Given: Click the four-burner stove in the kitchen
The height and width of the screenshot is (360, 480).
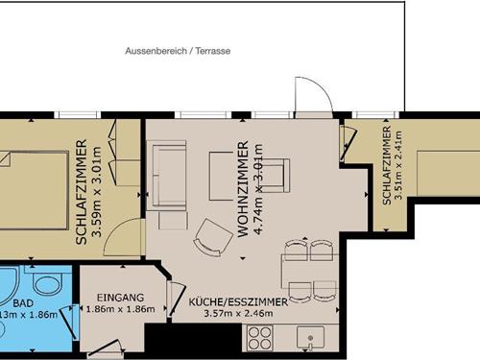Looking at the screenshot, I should [x=261, y=337].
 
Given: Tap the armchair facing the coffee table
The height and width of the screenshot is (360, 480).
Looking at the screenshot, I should [x=275, y=175].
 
